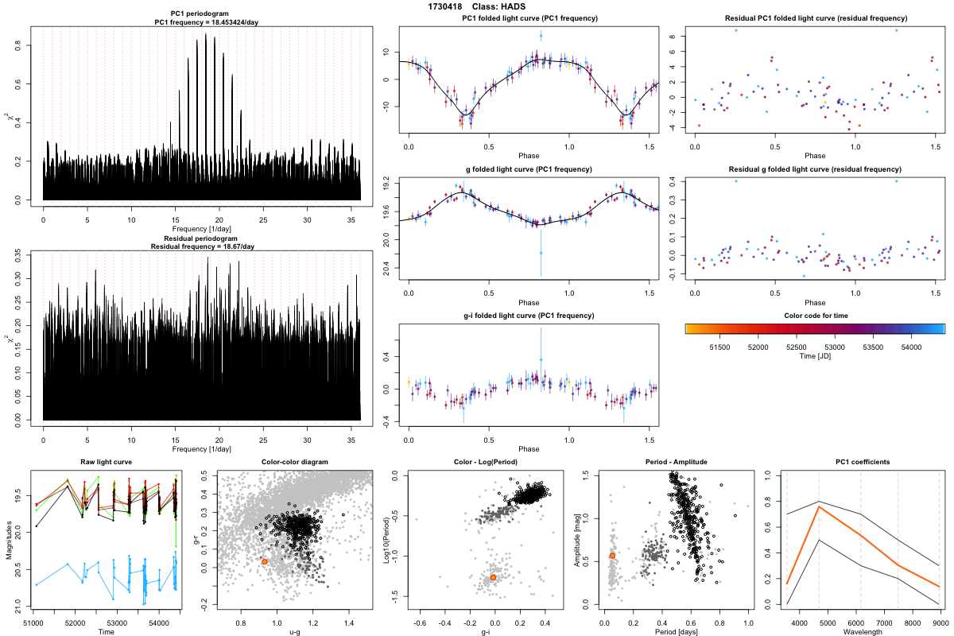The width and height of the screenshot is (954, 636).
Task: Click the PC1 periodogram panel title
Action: click(202, 14)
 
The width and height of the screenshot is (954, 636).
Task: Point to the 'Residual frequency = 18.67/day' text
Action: click(202, 246)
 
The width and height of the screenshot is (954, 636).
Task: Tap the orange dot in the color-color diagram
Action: click(265, 561)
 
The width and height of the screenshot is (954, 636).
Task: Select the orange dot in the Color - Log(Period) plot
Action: click(494, 577)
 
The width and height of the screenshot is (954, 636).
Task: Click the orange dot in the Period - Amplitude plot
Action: click(612, 556)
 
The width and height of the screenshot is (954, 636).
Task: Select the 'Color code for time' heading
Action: click(814, 316)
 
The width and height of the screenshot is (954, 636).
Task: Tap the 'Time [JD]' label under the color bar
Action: click(815, 357)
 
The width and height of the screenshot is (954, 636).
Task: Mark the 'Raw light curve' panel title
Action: click(106, 463)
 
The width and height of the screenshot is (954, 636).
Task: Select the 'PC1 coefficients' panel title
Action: click(863, 463)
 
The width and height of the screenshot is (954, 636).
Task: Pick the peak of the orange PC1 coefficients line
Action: click(819, 506)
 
